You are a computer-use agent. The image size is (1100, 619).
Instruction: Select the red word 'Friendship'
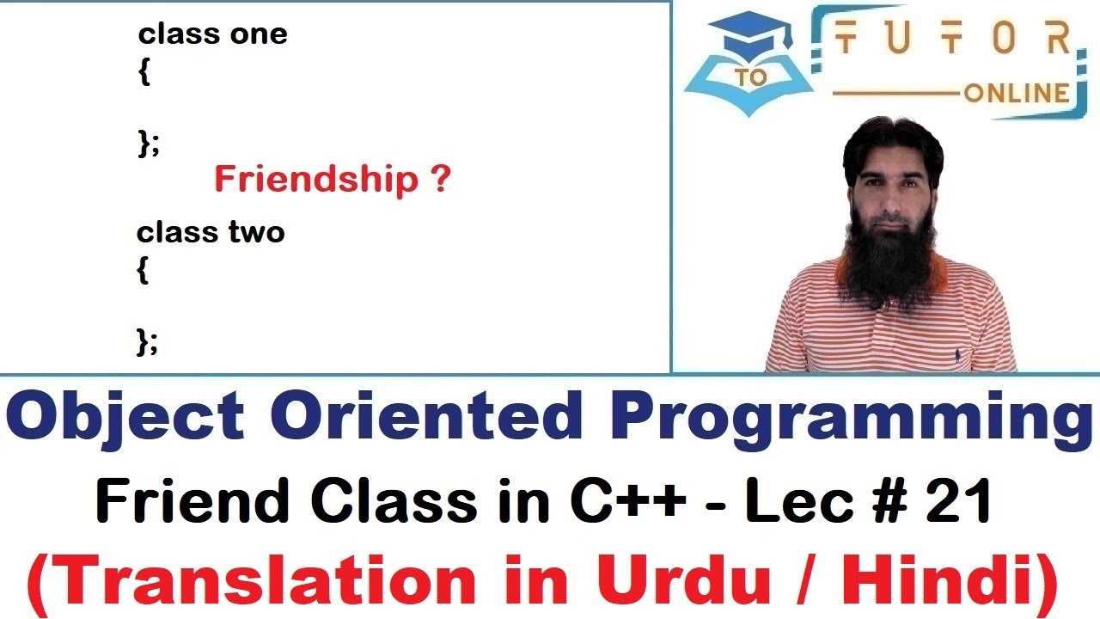(x=315, y=180)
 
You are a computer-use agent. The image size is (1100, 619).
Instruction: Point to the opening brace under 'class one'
(x=144, y=74)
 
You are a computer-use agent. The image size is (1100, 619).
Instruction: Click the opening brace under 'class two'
(x=143, y=272)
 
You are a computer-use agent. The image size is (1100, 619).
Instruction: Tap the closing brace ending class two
(x=146, y=342)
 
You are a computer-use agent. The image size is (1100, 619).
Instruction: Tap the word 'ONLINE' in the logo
(x=1017, y=93)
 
